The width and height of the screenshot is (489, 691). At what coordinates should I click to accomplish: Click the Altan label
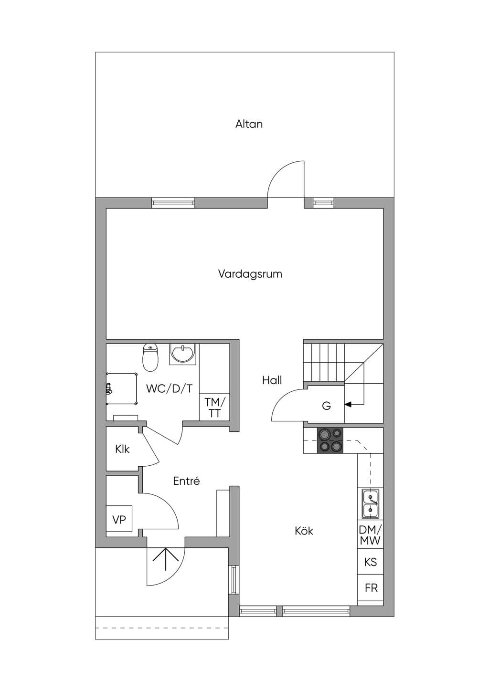pos(249,124)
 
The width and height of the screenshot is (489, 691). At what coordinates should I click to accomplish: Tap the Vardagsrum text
pos(250,274)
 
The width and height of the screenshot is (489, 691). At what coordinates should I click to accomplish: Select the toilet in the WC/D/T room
pos(150,357)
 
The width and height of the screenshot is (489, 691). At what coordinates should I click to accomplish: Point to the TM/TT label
pos(215,408)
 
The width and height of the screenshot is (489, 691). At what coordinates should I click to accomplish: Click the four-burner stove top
pos(330,440)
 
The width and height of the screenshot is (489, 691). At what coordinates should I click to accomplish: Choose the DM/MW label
pos(370,535)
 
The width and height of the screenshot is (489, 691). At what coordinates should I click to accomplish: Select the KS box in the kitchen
pos(371,562)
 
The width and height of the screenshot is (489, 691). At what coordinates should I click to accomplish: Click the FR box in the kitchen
pos(371,588)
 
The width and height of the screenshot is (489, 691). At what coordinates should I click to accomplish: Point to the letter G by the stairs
pos(326,406)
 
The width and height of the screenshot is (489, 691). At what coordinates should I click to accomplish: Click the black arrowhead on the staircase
pos(348,404)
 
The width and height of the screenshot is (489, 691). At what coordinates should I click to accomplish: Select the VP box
pos(119,520)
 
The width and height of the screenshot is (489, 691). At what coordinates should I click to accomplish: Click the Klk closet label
pos(122,449)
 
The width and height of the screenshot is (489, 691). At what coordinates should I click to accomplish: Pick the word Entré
pos(186,481)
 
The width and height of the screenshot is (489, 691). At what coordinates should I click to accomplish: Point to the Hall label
pos(272,380)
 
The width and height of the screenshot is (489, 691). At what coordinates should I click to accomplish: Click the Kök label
pos(304,531)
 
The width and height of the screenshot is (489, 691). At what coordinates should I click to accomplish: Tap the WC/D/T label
pos(170,388)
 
